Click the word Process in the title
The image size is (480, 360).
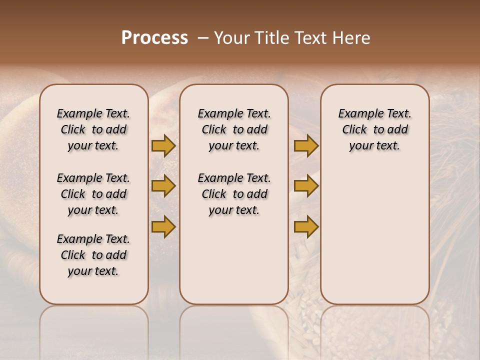click(154, 38)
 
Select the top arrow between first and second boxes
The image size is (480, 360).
click(163, 146)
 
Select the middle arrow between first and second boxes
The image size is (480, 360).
click(163, 186)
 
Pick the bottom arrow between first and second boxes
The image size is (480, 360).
click(163, 226)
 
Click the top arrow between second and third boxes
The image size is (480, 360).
click(306, 146)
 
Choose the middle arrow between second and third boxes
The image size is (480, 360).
click(306, 186)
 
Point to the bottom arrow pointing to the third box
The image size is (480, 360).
click(306, 226)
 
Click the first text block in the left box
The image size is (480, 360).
click(93, 129)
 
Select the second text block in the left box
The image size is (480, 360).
click(93, 194)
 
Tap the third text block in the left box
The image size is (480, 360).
click(93, 255)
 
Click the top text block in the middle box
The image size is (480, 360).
click(234, 129)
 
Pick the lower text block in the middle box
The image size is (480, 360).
click(234, 194)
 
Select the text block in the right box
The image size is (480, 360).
click(374, 129)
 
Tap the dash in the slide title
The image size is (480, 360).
click(203, 38)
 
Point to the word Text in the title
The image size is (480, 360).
click(309, 38)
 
